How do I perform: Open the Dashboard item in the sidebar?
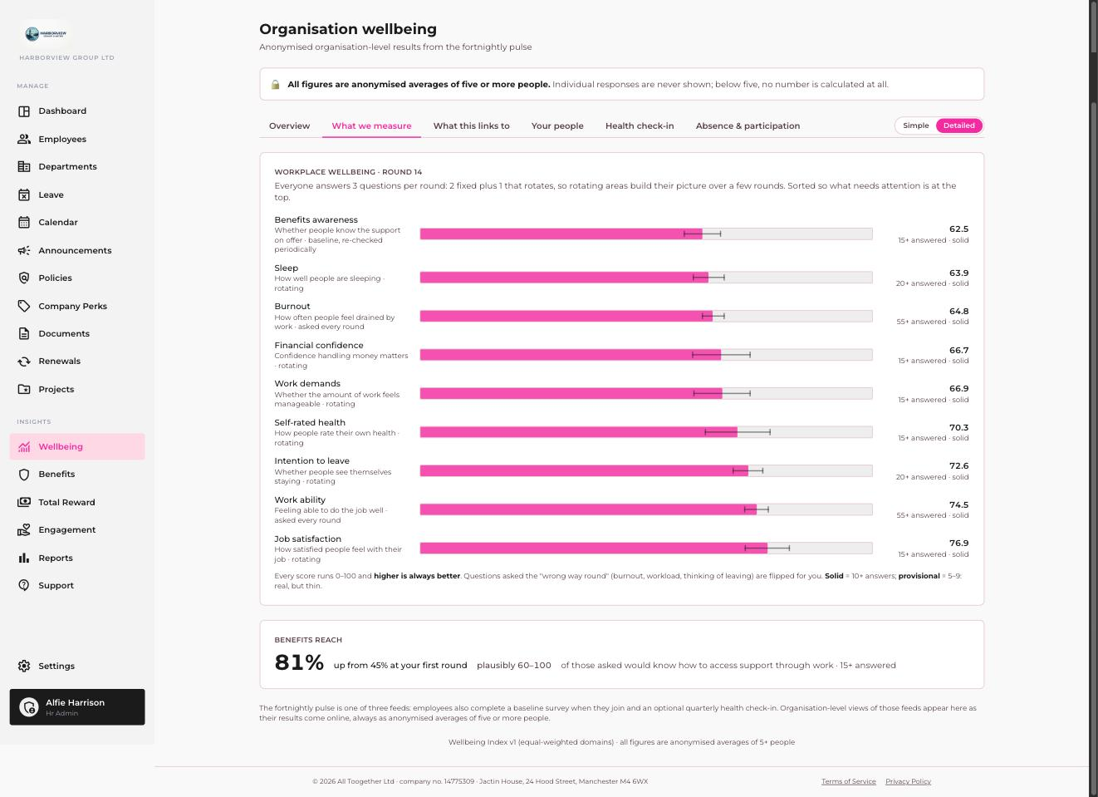[x=62, y=111]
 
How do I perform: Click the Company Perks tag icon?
[x=23, y=306]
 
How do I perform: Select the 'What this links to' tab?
[x=471, y=125]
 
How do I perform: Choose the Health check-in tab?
[x=640, y=125]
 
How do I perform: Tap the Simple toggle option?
[x=915, y=125]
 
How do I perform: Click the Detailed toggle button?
[x=958, y=125]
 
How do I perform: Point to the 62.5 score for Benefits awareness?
[x=958, y=229]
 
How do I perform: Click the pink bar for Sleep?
[x=564, y=278]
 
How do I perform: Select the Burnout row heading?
[x=292, y=306]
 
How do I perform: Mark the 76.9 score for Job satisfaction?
[x=958, y=543]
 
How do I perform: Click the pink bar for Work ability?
[x=588, y=509]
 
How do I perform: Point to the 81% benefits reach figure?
[x=299, y=662]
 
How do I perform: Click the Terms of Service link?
[x=849, y=781]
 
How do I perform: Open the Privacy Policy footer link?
[x=908, y=781]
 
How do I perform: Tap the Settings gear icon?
[x=23, y=666]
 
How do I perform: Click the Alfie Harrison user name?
[x=75, y=702]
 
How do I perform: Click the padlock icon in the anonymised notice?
[x=276, y=85]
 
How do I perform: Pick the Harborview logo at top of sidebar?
[x=46, y=33]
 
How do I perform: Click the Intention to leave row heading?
[x=311, y=461]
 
